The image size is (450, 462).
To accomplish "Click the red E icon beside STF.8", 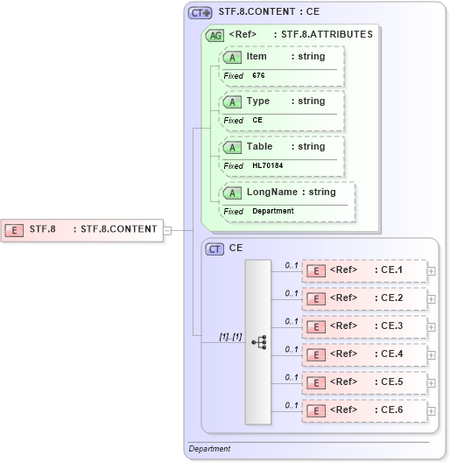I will pyautogui.click(x=14, y=230).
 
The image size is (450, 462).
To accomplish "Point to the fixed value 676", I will pyautogui.click(x=258, y=76).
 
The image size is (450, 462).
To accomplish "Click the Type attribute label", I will pyautogui.click(x=258, y=101).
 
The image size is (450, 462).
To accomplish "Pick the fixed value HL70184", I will pyautogui.click(x=268, y=165).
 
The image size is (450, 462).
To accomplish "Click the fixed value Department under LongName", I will pyautogui.click(x=273, y=211).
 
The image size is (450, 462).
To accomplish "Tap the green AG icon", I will pyautogui.click(x=214, y=35).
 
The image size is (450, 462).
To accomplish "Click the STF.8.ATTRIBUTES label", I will pyautogui.click(x=327, y=35).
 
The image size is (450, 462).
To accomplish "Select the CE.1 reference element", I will pyautogui.click(x=363, y=270).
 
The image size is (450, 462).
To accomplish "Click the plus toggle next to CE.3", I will pyautogui.click(x=431, y=326).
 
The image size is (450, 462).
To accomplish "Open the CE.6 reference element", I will pyautogui.click(x=363, y=410).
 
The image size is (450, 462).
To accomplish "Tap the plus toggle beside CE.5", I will pyautogui.click(x=431, y=382).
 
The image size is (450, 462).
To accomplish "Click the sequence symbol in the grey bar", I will pyautogui.click(x=258, y=342).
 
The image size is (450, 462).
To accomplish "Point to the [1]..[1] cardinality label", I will pyautogui.click(x=230, y=336).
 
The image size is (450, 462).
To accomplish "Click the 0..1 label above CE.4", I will pyautogui.click(x=292, y=349).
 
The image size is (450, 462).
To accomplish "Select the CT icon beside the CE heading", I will pyautogui.click(x=214, y=248).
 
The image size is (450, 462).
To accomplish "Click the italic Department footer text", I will pyautogui.click(x=210, y=449).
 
